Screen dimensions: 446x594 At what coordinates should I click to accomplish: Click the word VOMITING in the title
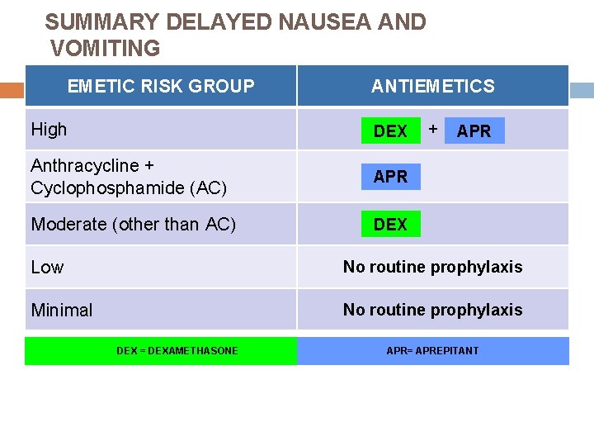[106, 49]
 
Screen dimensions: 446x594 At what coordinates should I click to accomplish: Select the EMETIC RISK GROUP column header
[161, 86]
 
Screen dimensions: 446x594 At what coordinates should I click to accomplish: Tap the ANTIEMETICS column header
[432, 86]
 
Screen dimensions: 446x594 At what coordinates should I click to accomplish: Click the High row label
[49, 129]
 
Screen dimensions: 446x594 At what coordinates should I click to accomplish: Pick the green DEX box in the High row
[390, 130]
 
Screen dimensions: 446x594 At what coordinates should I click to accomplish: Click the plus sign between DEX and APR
[432, 128]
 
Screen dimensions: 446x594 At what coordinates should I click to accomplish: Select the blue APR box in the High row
[474, 130]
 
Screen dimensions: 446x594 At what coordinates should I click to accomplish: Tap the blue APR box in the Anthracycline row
[390, 176]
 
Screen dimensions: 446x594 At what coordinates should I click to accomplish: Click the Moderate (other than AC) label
[133, 224]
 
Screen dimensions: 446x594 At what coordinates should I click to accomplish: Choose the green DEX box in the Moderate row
[390, 224]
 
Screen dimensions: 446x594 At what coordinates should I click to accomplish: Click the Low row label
[47, 267]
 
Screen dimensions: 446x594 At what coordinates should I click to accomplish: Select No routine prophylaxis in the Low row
[432, 267]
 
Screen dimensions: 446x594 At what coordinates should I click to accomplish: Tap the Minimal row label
[62, 311]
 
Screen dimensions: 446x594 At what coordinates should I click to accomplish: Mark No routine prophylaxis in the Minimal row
[432, 310]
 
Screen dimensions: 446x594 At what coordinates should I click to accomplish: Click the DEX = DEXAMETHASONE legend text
[177, 351]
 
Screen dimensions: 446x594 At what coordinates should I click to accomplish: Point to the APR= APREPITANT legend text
[432, 351]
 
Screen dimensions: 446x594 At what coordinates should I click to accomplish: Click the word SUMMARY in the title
[96, 22]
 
